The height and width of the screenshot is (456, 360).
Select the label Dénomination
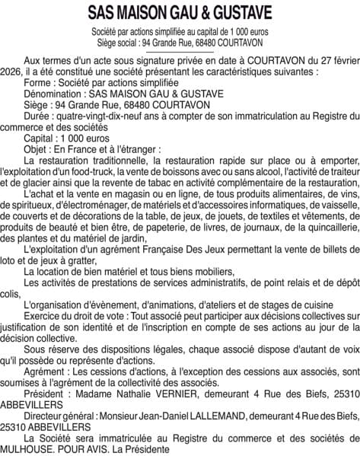point(55,93)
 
